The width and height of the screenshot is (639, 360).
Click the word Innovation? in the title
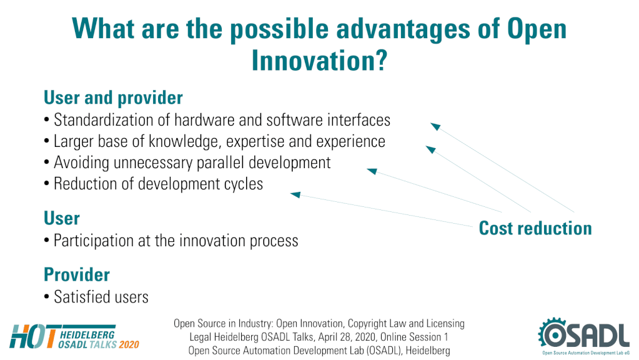click(x=319, y=61)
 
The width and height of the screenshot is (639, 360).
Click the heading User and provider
click(x=113, y=98)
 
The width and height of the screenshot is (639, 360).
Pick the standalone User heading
click(x=62, y=218)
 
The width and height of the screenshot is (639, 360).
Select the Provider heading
click(x=77, y=275)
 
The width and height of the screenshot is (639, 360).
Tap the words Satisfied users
click(x=101, y=297)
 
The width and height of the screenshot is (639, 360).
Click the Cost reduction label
click(x=535, y=228)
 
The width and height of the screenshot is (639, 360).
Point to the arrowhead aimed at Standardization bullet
click(x=435, y=126)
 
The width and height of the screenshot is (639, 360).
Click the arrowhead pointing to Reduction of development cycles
click(x=295, y=195)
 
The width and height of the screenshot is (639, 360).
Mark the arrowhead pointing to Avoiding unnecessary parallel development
click(x=372, y=171)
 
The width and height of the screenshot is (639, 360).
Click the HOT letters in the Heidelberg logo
click(x=33, y=336)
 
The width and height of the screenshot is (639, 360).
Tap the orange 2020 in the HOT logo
click(x=129, y=345)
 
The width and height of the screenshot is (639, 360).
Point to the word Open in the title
click(x=537, y=29)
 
